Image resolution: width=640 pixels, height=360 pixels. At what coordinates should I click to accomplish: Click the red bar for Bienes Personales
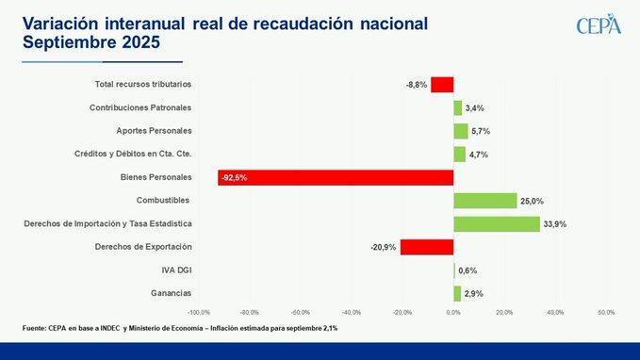coord(336,177)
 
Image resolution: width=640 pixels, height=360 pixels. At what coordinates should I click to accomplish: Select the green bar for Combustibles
coord(485,201)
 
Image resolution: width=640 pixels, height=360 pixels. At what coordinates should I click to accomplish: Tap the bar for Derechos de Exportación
coord(427,247)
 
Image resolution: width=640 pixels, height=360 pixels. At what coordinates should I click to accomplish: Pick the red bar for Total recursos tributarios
coord(442,85)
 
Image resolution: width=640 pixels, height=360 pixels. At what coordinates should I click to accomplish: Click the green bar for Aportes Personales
coord(461,131)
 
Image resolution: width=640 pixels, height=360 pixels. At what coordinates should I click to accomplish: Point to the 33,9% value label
coord(554,224)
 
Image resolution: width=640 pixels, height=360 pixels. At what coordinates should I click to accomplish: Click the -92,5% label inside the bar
coord(235,177)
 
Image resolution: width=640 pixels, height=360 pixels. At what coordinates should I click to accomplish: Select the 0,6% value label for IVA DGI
coord(468,270)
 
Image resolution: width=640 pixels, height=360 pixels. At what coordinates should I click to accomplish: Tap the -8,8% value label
coord(417,85)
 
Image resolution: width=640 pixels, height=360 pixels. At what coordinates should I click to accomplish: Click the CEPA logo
coord(599,25)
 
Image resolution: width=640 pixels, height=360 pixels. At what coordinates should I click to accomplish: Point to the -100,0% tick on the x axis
coord(199,313)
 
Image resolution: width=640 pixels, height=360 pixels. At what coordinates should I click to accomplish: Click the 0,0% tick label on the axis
coord(453,313)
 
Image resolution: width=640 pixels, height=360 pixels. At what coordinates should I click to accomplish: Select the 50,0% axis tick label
coord(606,313)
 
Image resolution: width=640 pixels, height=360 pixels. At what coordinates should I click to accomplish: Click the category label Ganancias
coord(171,293)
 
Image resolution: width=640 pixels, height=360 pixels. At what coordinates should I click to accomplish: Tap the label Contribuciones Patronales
coord(140,107)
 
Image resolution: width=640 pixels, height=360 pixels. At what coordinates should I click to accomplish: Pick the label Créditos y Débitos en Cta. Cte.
coord(133,154)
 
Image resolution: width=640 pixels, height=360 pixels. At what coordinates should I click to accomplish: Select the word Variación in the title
coord(60,24)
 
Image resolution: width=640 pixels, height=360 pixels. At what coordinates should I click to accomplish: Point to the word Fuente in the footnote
coord(34,328)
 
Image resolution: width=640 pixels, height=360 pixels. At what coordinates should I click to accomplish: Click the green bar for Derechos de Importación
coord(497,224)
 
